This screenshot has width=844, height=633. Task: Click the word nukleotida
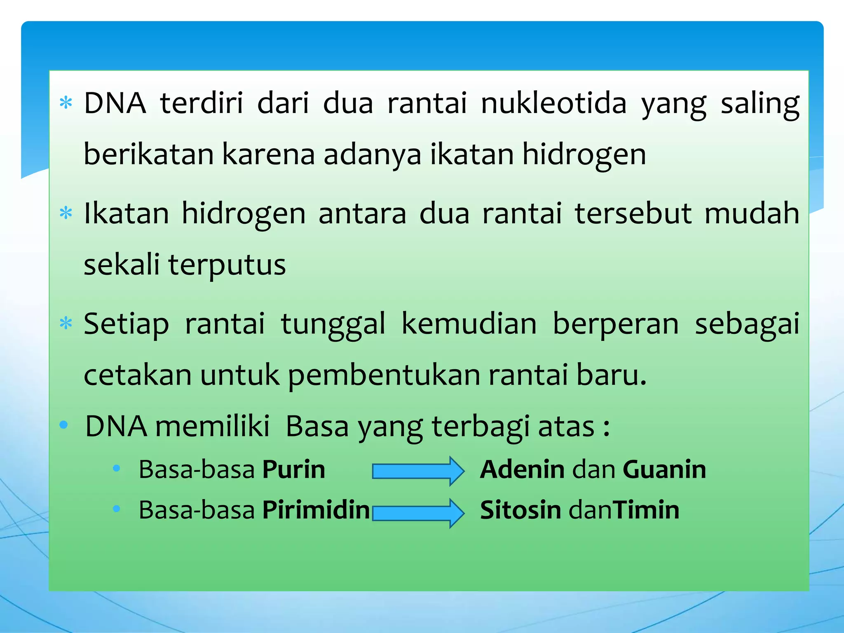553,103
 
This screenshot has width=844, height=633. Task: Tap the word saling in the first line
760,104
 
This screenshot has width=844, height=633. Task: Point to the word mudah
752,213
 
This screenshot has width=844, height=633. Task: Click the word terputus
227,265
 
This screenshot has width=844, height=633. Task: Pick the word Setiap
126,324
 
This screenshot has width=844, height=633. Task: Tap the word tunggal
333,324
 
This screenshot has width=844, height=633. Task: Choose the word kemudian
469,324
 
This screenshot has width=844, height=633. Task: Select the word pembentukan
384,375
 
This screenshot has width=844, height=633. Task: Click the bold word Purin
294,469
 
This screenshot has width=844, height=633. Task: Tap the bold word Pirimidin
316,510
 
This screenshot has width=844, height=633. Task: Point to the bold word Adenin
522,469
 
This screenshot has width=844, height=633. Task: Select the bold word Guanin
664,469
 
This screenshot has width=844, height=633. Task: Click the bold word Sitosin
520,510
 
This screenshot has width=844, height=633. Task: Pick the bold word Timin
647,510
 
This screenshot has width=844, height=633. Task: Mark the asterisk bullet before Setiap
66,324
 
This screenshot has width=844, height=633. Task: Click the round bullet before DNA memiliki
63,425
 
